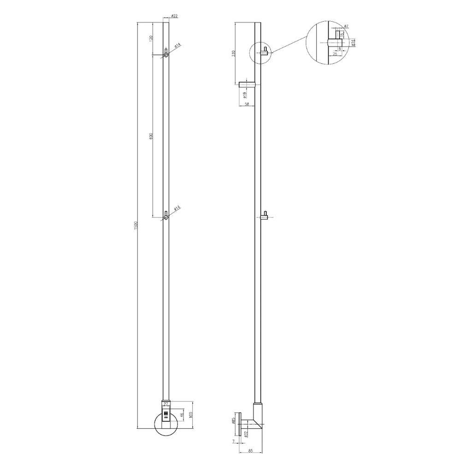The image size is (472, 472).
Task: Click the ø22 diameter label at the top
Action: pyautogui.click(x=174, y=16)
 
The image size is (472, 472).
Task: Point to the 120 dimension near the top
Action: pyautogui.click(x=151, y=38)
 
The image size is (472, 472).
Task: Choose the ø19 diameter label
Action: pyautogui.click(x=245, y=95)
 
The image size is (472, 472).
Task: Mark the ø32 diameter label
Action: pyautogui.click(x=246, y=434)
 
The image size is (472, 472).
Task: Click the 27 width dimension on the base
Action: pyautogui.click(x=166, y=404)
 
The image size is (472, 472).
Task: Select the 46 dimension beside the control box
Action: pyautogui.click(x=182, y=415)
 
